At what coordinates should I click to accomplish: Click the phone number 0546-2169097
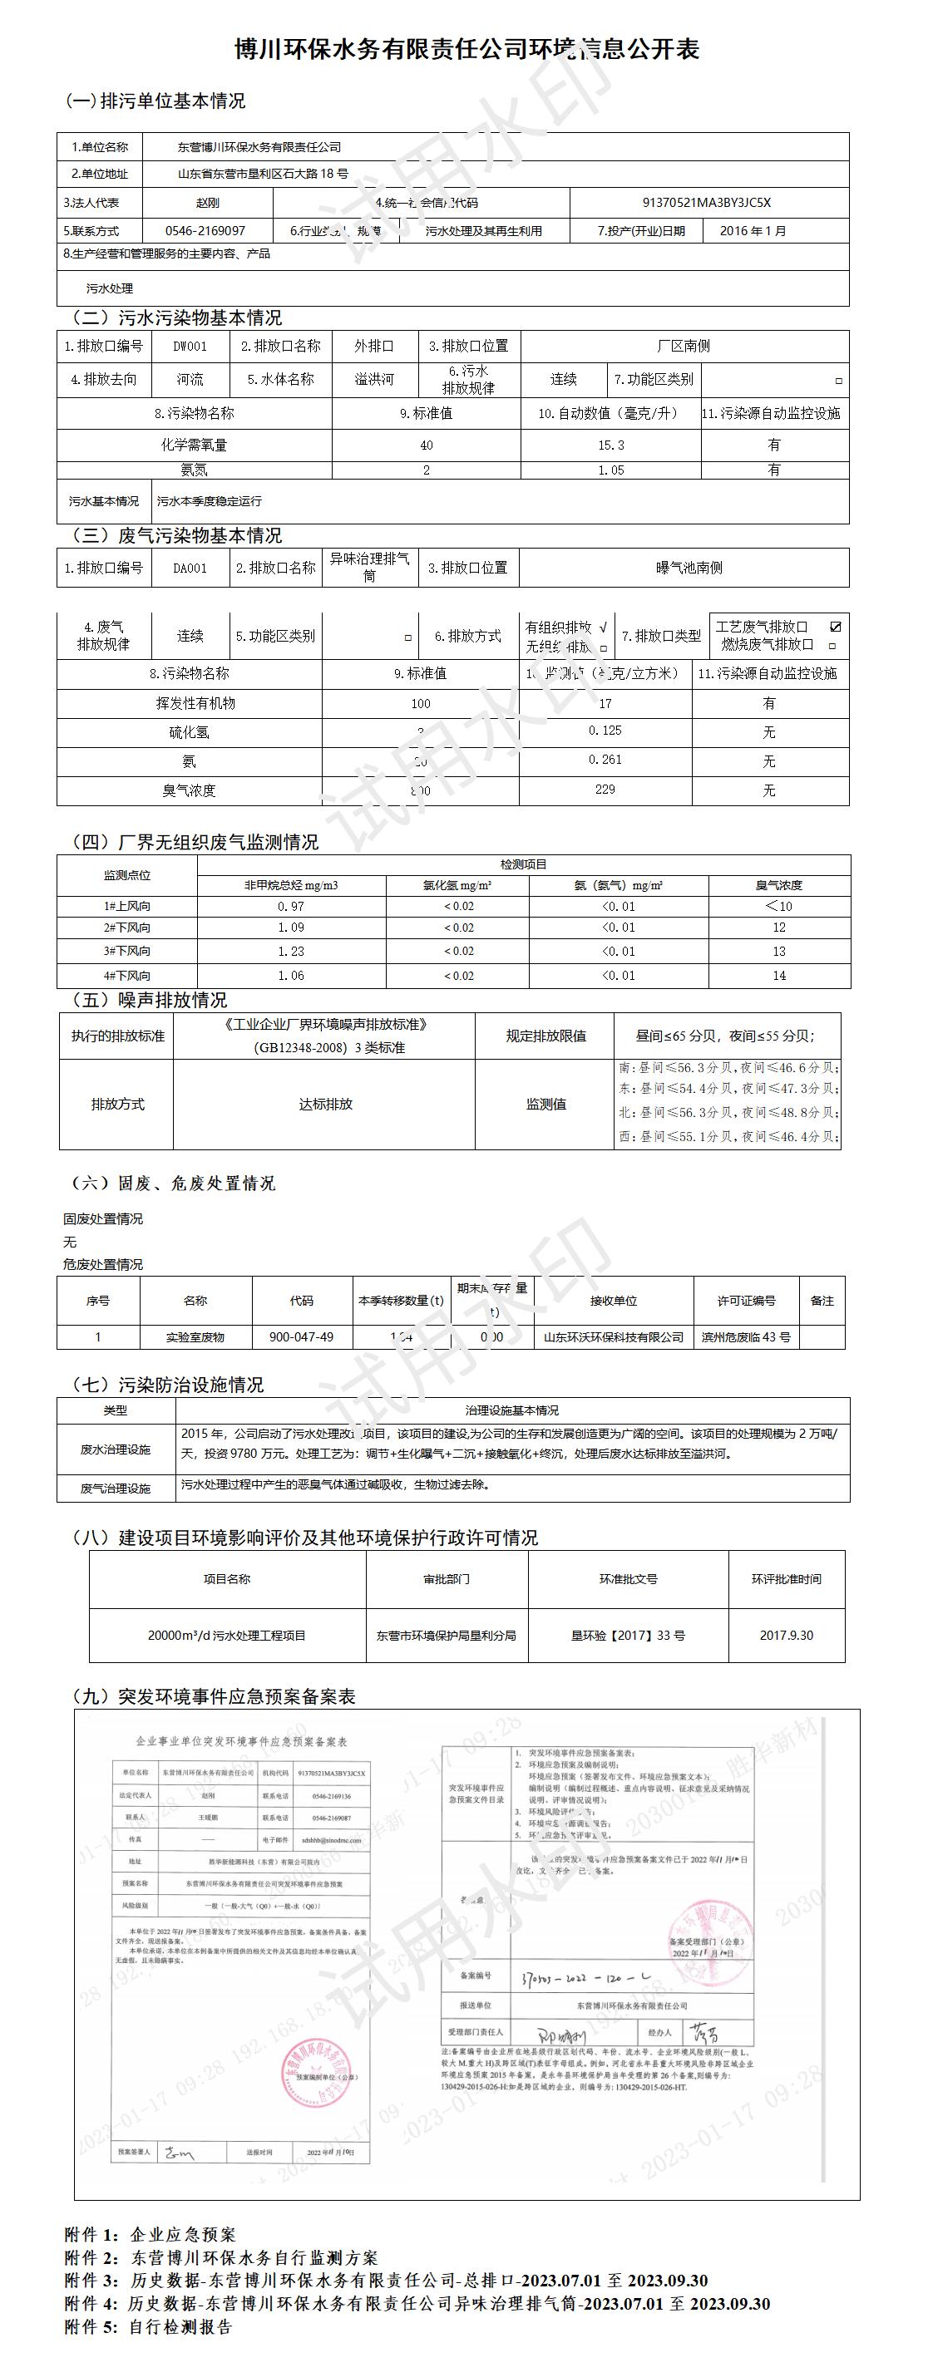(x=205, y=231)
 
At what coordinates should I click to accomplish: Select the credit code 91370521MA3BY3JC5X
(x=707, y=204)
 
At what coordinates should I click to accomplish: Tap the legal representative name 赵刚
(x=208, y=204)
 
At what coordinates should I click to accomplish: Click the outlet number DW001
(x=190, y=347)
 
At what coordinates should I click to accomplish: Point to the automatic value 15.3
(x=610, y=445)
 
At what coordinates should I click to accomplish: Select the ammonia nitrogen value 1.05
(x=610, y=470)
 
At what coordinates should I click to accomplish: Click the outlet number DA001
(x=190, y=568)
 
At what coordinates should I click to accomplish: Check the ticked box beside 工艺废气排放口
(x=836, y=627)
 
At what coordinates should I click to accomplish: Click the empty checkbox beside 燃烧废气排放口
(x=832, y=647)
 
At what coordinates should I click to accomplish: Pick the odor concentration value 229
(x=605, y=789)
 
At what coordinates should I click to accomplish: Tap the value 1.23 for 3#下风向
(x=291, y=951)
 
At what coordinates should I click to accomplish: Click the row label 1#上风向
(x=127, y=906)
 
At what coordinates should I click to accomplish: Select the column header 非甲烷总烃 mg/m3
(x=291, y=885)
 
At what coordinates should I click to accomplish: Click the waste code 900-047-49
(x=301, y=1337)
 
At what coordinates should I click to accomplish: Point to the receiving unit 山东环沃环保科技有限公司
(x=614, y=1337)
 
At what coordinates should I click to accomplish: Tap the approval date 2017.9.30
(x=787, y=1636)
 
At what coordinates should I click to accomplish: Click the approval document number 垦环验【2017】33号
(x=628, y=1636)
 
